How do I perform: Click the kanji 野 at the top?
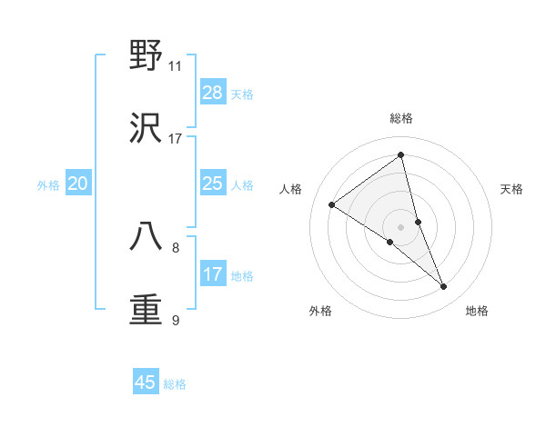(147, 55)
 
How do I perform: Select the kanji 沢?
(147, 129)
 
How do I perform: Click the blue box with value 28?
(213, 93)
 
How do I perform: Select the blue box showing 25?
(213, 184)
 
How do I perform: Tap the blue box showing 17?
(213, 274)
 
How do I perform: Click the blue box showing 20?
(78, 184)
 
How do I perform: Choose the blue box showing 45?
(146, 382)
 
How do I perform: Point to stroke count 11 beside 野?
(175, 66)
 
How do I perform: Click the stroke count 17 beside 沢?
(175, 139)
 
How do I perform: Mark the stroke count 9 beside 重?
(176, 320)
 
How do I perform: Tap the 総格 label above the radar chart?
(401, 118)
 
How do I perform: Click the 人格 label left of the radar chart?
(291, 189)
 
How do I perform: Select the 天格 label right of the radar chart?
(511, 189)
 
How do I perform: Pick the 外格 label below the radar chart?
(320, 311)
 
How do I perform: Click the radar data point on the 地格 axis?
(444, 287)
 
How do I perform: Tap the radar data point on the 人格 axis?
(332, 204)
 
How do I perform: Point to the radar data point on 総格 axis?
(401, 154)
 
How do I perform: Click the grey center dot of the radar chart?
(401, 226)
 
